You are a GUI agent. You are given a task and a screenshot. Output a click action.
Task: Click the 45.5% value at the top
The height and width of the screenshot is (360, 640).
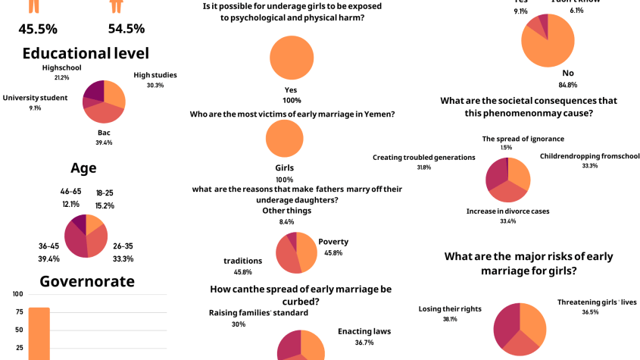pyautogui.click(x=38, y=29)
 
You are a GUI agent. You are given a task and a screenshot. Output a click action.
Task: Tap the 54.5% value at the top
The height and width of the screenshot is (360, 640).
pyautogui.click(x=126, y=29)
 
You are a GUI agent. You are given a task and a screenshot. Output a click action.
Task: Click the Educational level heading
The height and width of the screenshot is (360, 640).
pyautogui.click(x=85, y=53)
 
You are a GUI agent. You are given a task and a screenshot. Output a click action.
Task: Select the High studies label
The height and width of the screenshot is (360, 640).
pyautogui.click(x=155, y=75)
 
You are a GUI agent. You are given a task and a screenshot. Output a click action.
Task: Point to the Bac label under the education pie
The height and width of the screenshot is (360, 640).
pyautogui.click(x=105, y=133)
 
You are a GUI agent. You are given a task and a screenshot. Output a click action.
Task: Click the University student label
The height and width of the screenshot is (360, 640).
pyautogui.click(x=35, y=98)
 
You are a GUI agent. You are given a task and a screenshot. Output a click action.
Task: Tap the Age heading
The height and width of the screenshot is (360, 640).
pyautogui.click(x=83, y=168)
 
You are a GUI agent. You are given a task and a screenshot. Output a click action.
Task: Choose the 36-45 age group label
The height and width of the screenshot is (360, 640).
pyautogui.click(x=48, y=246)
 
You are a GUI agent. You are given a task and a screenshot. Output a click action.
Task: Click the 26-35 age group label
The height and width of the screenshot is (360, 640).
pyautogui.click(x=123, y=246)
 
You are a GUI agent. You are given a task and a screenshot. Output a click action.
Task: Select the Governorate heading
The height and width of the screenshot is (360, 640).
pyautogui.click(x=86, y=281)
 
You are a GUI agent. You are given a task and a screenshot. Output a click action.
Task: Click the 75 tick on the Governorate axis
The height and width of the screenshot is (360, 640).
pyautogui.click(x=18, y=312)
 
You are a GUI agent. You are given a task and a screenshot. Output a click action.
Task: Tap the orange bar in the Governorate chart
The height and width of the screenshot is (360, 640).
pyautogui.click(x=39, y=333)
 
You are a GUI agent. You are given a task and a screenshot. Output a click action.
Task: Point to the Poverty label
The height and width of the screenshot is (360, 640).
pyautogui.click(x=333, y=242)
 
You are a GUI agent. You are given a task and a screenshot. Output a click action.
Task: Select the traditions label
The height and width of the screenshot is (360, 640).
pyautogui.click(x=242, y=261)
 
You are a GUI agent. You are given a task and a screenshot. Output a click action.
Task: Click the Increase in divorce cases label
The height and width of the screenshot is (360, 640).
pyautogui.click(x=508, y=211)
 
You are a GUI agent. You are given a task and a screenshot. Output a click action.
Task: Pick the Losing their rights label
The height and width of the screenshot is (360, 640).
pyautogui.click(x=449, y=309)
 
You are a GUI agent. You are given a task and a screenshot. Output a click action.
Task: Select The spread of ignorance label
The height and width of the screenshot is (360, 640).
pyautogui.click(x=522, y=139)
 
